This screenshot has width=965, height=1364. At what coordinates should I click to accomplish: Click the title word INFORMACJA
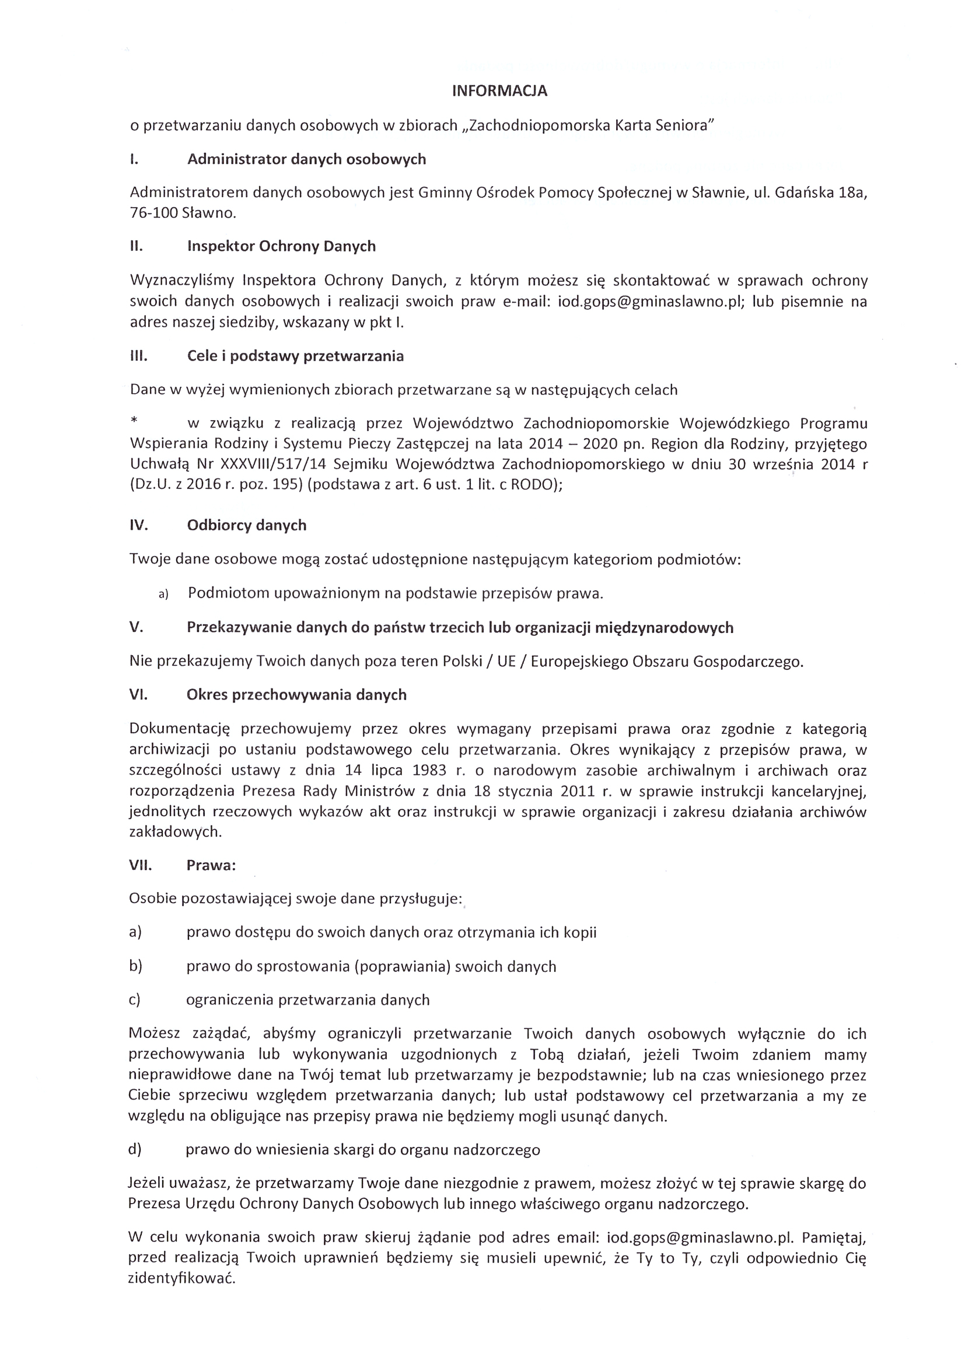499,91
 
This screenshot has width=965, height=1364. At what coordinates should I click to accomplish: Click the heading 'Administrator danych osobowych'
307,159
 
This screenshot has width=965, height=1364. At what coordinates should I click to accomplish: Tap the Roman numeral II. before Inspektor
136,247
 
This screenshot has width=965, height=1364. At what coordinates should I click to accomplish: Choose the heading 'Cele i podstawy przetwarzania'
295,356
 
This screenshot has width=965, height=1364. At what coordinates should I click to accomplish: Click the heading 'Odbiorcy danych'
247,525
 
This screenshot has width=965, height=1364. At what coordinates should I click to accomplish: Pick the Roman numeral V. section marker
136,628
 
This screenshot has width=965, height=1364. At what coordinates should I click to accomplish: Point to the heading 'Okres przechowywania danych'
296,695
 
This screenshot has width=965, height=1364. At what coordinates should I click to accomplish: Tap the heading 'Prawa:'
211,866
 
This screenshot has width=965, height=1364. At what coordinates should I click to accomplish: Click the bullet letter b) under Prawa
135,967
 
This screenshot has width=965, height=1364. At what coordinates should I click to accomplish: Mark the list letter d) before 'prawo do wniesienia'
135,1149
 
